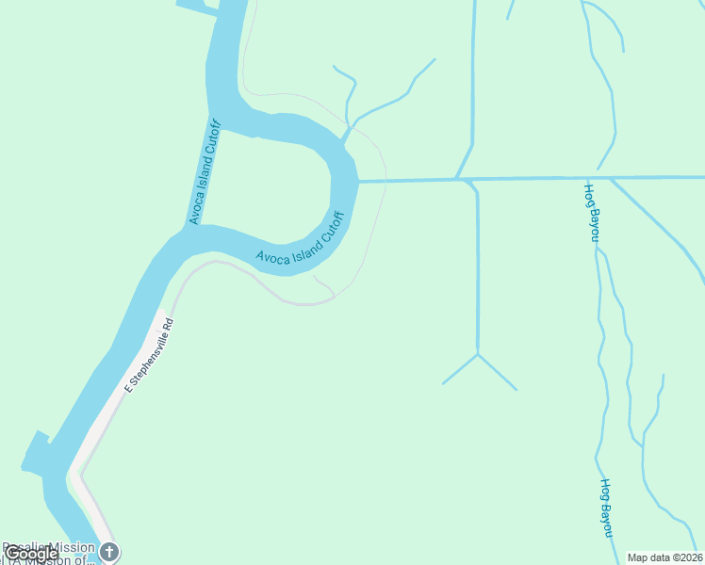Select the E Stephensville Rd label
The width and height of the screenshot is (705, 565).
[x=149, y=355]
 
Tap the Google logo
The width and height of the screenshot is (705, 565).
[x=31, y=554]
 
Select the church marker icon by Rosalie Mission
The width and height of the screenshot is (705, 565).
[x=109, y=552]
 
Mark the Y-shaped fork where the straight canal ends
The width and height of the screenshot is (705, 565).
[x=479, y=354]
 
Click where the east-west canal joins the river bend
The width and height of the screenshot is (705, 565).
[x=359, y=181]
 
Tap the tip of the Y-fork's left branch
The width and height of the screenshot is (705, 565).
[x=444, y=383]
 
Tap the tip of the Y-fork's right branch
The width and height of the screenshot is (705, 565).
[x=516, y=389]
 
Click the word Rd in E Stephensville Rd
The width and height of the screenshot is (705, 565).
[x=168, y=325]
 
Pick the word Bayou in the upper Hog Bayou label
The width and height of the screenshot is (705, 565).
[x=594, y=222]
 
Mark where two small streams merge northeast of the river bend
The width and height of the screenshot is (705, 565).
[x=350, y=125]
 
